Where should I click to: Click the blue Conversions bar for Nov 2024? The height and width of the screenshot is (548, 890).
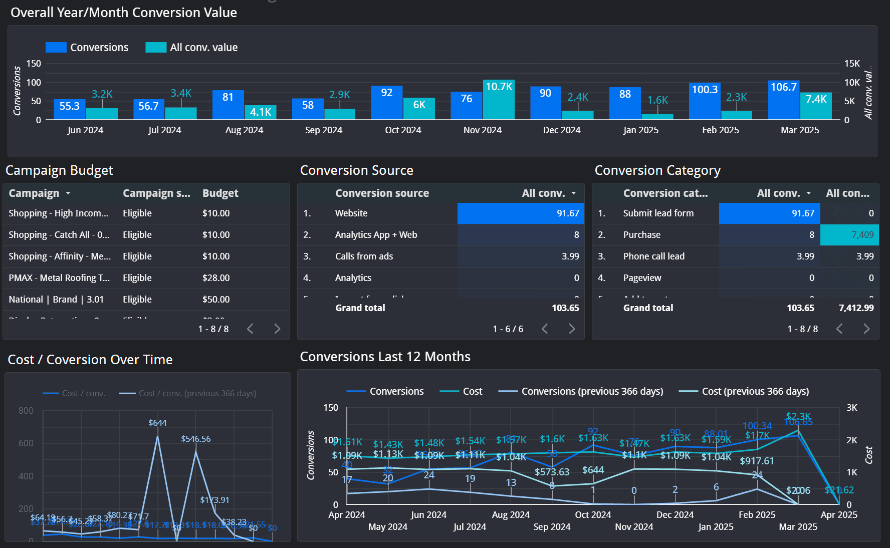pos(466,106)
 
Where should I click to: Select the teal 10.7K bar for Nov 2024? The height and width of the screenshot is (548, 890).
pos(499,100)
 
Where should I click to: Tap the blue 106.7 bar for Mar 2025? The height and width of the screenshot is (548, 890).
pos(783,100)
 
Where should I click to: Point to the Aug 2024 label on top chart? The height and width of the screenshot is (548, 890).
pos(244,130)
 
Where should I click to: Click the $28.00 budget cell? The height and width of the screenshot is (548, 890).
pos(216,278)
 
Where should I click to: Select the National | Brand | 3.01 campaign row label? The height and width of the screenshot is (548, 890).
pos(56,300)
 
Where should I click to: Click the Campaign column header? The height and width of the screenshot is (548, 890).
pos(34,193)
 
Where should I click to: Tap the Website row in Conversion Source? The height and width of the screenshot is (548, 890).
pos(351,213)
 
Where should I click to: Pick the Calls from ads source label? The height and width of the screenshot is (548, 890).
pos(364,256)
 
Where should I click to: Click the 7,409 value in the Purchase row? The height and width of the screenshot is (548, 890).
pos(862,235)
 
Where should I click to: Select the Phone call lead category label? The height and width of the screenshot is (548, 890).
pos(653,256)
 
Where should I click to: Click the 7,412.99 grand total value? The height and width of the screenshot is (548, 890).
pos(856,308)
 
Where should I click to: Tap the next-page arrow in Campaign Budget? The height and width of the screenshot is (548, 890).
pos(277,329)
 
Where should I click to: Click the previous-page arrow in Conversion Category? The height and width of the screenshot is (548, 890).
pos(839,329)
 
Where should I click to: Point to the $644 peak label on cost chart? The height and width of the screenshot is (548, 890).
pos(157,423)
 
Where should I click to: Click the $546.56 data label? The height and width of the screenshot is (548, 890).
pos(195,439)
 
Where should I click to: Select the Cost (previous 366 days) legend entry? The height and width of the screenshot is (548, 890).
pos(755,392)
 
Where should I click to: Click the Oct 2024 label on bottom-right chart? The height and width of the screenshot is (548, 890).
pos(593,515)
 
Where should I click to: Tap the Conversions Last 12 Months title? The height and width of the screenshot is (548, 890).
pos(385,357)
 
